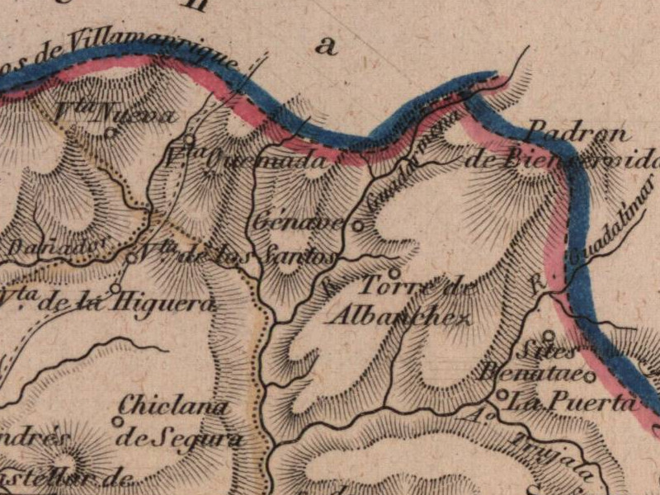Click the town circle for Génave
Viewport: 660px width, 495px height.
[359, 224]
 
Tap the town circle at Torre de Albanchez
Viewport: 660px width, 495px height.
[394, 272]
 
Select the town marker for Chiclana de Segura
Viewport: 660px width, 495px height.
[118, 421]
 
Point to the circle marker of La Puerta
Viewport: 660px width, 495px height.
[502, 394]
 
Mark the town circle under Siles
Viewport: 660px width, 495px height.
[547, 335]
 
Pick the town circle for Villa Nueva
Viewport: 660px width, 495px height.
[111, 131]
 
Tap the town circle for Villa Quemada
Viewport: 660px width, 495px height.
[189, 139]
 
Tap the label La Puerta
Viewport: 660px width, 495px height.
[573, 403]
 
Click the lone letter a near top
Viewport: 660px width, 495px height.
[328, 46]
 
